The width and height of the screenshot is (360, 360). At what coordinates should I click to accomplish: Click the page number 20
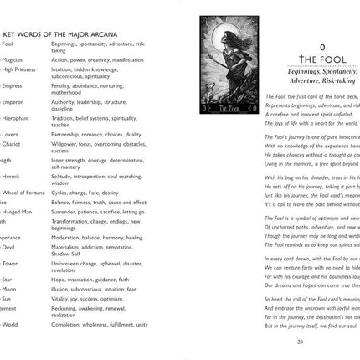click(x=299, y=341)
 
